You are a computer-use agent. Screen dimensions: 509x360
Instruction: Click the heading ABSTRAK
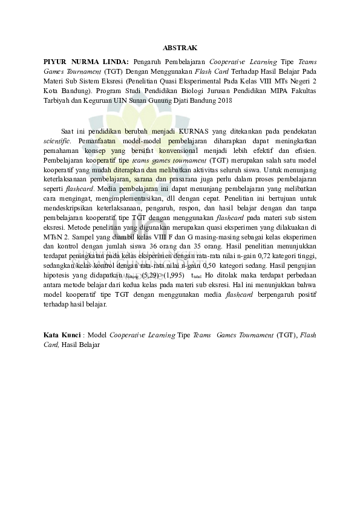coord(180,47)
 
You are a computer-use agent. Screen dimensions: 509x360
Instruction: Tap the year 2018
coord(224,100)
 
